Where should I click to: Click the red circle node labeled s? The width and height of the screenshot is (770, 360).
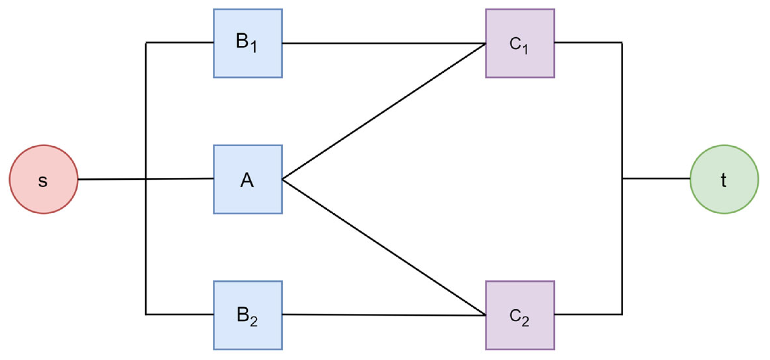click(x=43, y=179)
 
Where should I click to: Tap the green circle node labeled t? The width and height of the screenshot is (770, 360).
click(x=724, y=179)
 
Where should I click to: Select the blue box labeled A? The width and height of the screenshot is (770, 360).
click(x=248, y=179)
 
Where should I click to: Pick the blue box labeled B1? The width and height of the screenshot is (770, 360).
click(x=248, y=43)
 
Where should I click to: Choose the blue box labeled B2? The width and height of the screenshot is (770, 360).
click(x=248, y=315)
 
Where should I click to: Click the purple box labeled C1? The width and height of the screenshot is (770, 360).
click(x=520, y=43)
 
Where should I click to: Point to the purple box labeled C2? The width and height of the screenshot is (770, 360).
click(x=520, y=315)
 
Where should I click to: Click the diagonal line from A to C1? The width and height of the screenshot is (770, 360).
click(x=384, y=111)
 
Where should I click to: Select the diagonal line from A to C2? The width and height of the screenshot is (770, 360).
click(x=384, y=248)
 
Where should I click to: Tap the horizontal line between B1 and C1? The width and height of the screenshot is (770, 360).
click(x=384, y=43)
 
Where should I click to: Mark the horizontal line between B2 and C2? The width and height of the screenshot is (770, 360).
click(x=384, y=315)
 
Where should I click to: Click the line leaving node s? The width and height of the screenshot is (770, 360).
click(x=112, y=179)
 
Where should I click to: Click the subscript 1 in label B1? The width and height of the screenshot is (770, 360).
click(x=254, y=47)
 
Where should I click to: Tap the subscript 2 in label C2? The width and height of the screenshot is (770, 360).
click(x=525, y=322)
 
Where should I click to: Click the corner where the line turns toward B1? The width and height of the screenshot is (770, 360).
click(x=146, y=43)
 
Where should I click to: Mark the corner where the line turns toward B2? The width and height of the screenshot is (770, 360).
click(x=146, y=315)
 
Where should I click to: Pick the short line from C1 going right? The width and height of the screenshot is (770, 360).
click(x=588, y=43)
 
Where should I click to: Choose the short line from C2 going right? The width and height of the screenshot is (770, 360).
click(x=588, y=315)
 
